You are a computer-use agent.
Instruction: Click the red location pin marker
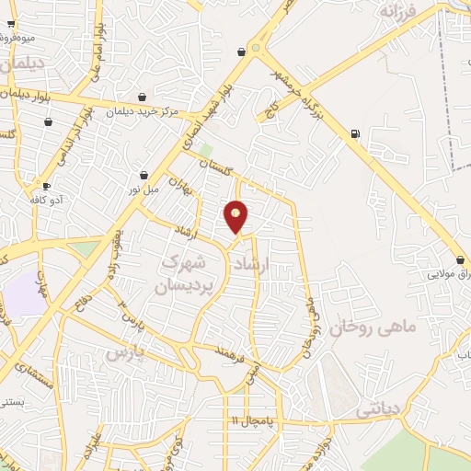tap(236, 215)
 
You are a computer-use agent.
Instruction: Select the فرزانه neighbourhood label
tap(398, 12)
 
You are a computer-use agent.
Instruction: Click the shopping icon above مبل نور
tap(144, 175)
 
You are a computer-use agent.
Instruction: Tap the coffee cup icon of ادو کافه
tap(46, 185)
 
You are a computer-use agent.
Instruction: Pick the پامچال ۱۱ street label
tap(247, 420)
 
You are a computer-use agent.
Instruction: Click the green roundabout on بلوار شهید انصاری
tap(257, 48)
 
